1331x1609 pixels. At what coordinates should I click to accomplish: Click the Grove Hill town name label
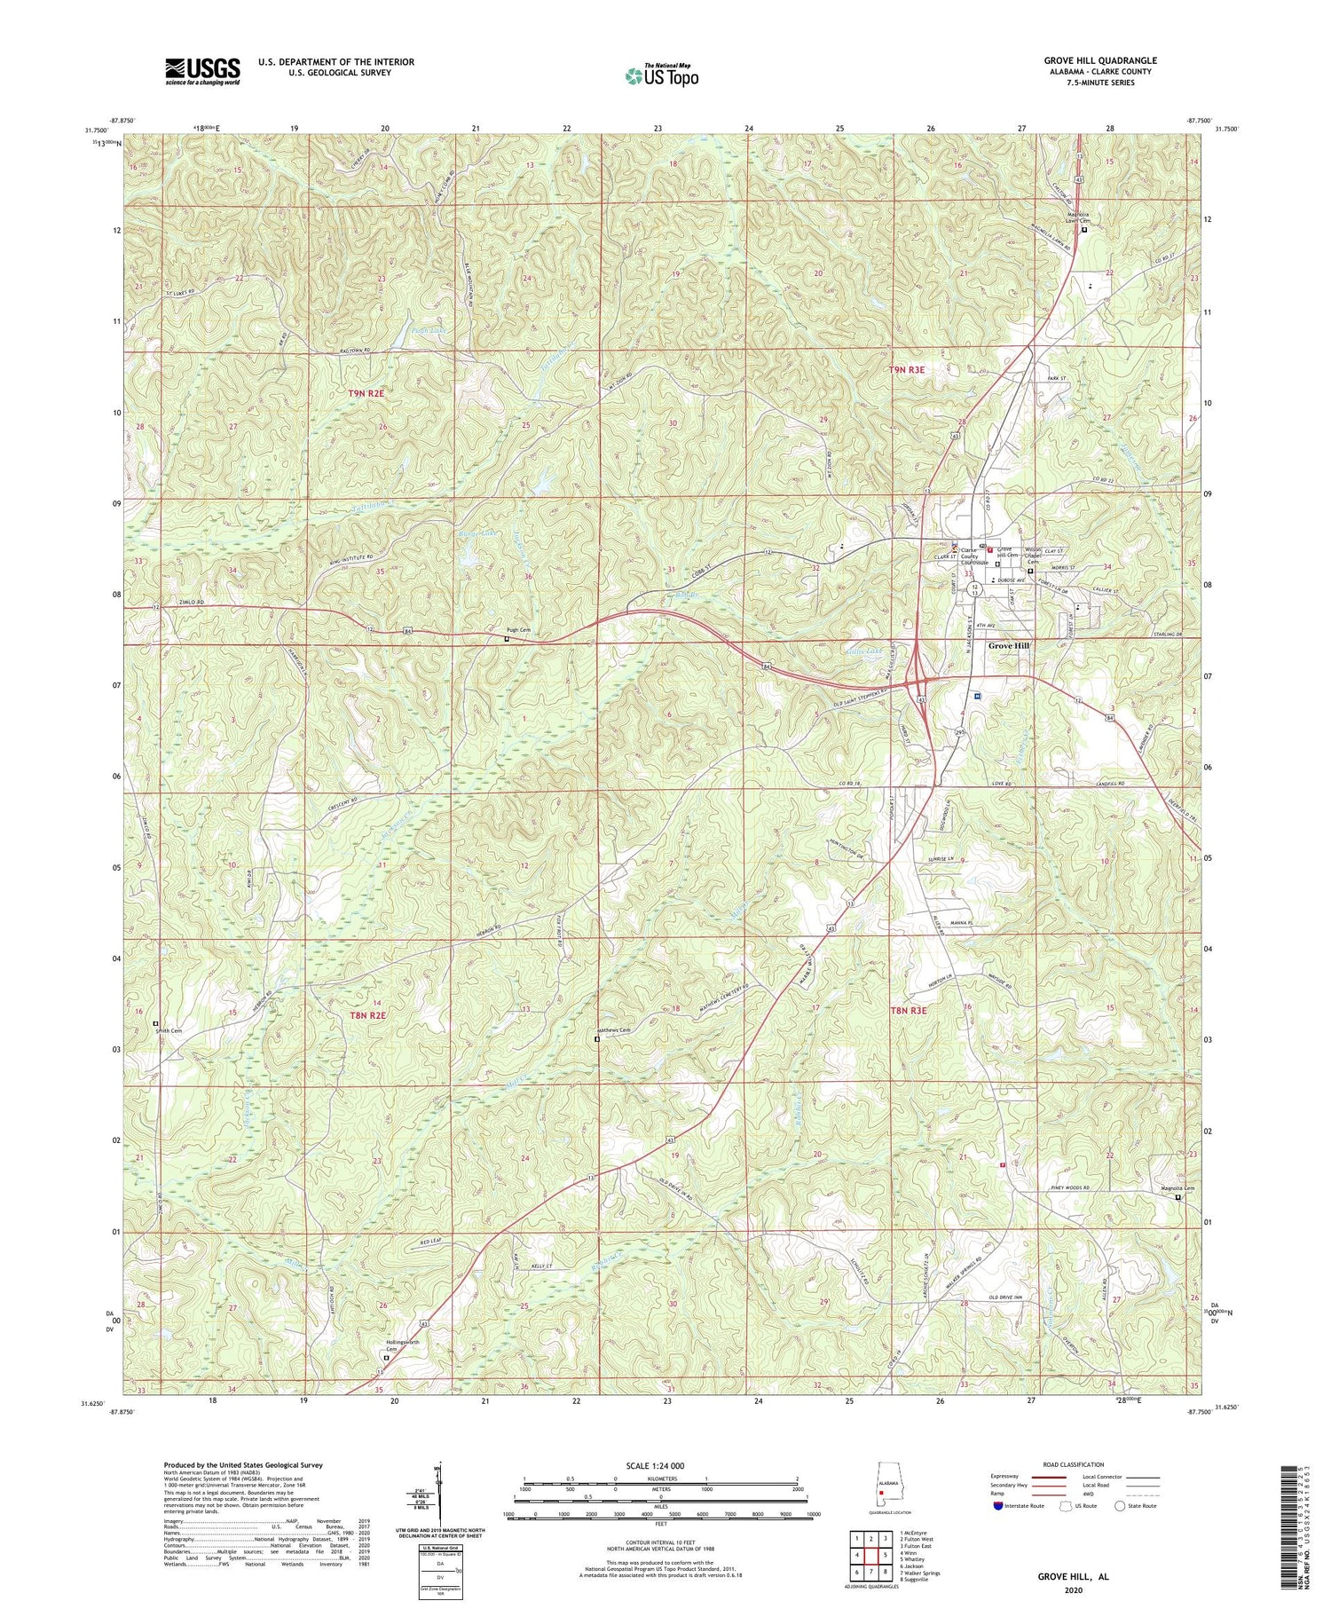[x=1011, y=645]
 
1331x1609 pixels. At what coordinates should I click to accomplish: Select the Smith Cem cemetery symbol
[x=155, y=1022]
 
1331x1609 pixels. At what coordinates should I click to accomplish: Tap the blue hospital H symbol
[x=976, y=697]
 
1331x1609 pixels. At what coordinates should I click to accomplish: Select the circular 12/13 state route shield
[x=974, y=588]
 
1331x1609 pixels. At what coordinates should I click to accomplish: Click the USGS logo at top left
[x=202, y=71]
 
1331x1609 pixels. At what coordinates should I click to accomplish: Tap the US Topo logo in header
[x=662, y=76]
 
